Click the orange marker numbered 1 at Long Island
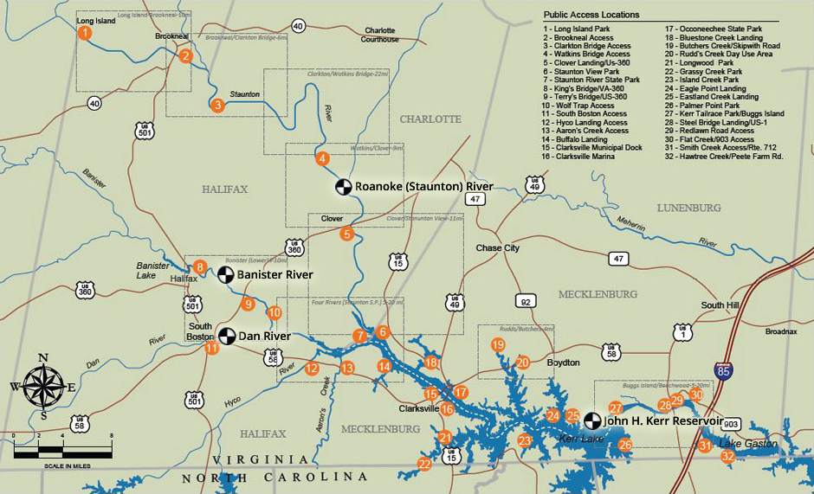tap(84, 33)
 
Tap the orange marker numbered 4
tap(322, 158)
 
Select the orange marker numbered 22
tap(424, 464)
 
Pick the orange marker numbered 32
tap(728, 456)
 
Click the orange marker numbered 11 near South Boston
tap(211, 349)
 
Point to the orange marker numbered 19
tap(498, 344)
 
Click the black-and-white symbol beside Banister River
tap(225, 275)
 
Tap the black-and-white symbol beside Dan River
tap(226, 335)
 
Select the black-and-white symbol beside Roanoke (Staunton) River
tap(344, 187)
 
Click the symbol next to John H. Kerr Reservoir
tap(592, 420)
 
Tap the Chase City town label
tap(498, 248)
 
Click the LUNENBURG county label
tap(688, 209)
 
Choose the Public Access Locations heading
tap(591, 15)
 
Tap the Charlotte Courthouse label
tap(380, 35)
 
